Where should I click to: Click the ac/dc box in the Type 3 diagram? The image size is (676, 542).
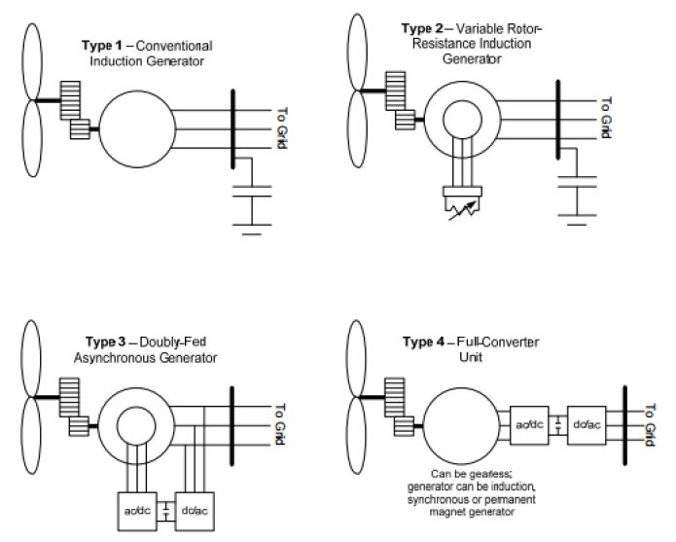[x=137, y=512]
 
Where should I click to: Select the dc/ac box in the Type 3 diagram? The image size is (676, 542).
[x=195, y=512]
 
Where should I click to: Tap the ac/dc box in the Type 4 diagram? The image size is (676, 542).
[x=529, y=425]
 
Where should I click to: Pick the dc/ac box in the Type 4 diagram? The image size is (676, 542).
[x=587, y=425]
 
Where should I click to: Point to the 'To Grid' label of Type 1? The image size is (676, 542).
[x=281, y=128]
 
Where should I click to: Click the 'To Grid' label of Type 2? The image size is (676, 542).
[x=606, y=118]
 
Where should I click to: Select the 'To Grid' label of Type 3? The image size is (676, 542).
[x=281, y=424]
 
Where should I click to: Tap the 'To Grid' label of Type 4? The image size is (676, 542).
[x=651, y=425]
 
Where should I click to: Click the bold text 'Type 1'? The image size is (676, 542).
[x=102, y=46]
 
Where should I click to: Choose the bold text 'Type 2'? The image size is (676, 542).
[x=422, y=28]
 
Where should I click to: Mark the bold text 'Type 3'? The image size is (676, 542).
[x=106, y=342]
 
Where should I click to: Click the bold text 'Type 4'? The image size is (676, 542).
[x=423, y=343]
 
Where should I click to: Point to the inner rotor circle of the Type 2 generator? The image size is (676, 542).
[x=444, y=120]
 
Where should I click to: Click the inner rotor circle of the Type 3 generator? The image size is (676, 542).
[x=118, y=424]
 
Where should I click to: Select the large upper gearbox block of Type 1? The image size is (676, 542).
[x=70, y=100]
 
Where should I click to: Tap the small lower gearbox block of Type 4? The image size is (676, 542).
[x=404, y=426]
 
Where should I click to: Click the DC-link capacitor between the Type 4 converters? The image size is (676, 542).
[x=558, y=425]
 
